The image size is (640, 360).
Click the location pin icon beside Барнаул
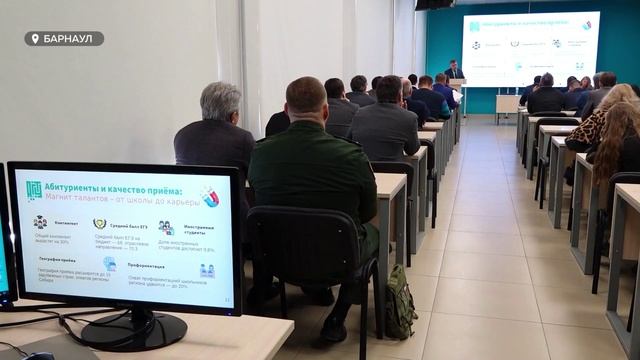(36, 39)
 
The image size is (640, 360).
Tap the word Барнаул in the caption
(70, 39)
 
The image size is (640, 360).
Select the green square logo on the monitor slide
(33, 190)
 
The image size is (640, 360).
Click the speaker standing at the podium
(453, 73)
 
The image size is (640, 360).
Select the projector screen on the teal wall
(530, 47)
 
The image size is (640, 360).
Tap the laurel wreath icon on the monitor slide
(100, 224)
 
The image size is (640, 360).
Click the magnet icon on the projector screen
(587, 24)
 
